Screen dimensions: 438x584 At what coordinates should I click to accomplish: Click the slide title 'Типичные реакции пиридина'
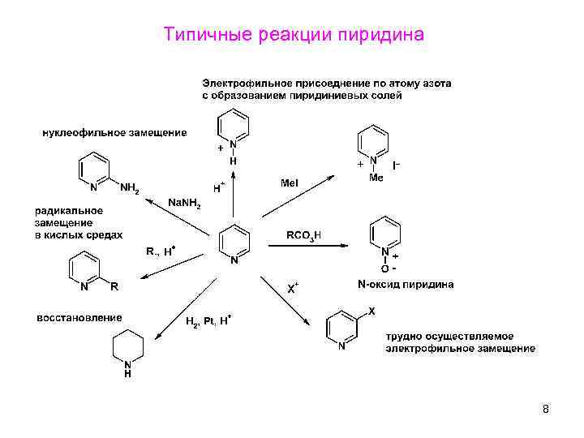[293, 35]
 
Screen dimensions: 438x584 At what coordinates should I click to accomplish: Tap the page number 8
[545, 409]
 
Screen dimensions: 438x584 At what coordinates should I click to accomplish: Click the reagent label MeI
[289, 184]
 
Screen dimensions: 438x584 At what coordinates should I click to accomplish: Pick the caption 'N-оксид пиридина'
[405, 285]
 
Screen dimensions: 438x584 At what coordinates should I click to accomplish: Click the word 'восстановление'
[79, 317]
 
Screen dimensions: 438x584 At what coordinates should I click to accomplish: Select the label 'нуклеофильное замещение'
[114, 132]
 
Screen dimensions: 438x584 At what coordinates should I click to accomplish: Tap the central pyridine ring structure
[234, 242]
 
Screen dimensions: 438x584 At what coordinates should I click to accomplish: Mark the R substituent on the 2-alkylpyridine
[114, 286]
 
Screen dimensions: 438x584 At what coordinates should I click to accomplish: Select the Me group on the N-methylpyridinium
[376, 177]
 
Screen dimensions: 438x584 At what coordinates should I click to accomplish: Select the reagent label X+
[294, 288]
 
